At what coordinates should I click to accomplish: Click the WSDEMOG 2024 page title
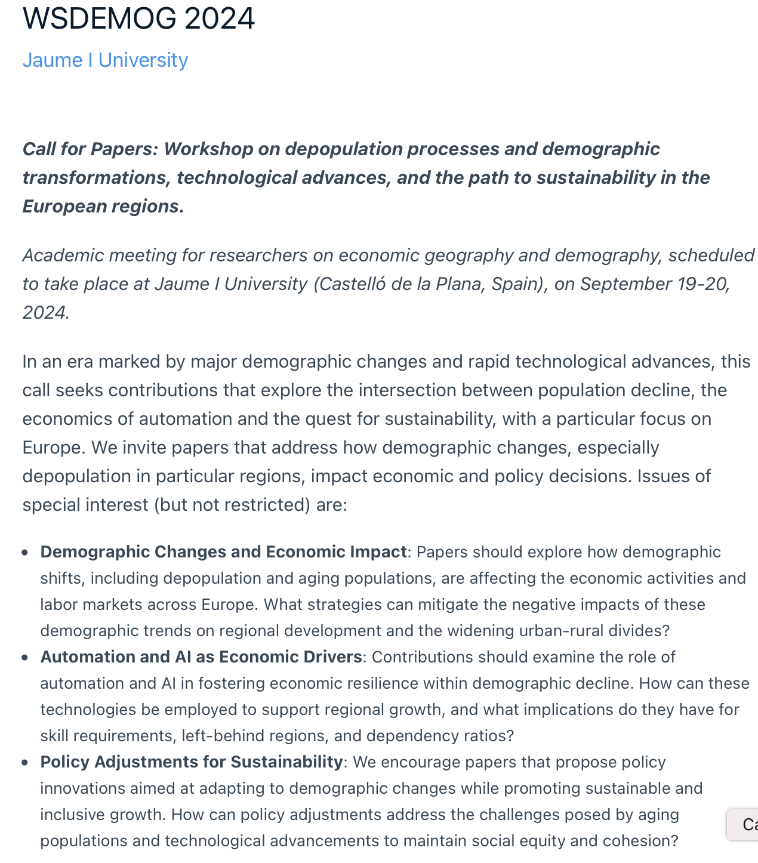[x=138, y=19]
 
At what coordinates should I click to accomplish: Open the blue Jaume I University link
[x=105, y=60]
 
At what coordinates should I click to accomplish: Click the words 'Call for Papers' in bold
[x=90, y=149]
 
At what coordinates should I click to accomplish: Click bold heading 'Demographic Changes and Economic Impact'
[x=223, y=552]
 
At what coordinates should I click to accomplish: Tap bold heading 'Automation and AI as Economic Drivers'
[x=201, y=657]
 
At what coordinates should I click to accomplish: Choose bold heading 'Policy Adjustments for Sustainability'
[x=191, y=762]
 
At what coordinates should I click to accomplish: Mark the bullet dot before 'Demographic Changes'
[x=25, y=553]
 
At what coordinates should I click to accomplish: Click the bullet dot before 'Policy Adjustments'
[x=25, y=763]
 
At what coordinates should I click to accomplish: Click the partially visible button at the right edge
[x=744, y=825]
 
